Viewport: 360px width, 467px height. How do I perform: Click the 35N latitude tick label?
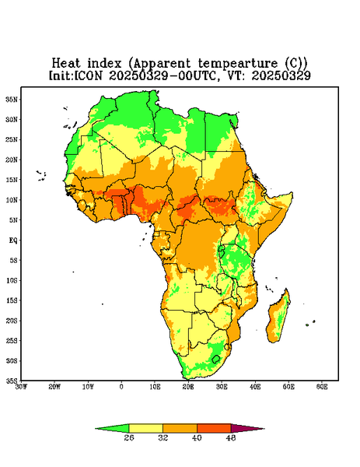[x=12, y=99]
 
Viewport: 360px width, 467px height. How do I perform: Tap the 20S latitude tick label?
[x=12, y=321]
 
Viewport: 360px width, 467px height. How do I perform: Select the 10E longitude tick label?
[x=155, y=387]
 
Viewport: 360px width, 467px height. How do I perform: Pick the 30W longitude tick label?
[x=21, y=387]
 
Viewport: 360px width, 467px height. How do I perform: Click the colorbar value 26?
[x=129, y=437]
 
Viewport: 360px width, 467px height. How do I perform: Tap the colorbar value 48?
[x=231, y=437]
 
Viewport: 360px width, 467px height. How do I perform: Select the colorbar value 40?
[x=197, y=437]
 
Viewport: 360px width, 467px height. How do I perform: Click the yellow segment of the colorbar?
[x=145, y=428]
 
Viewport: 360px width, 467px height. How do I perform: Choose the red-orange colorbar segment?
[x=214, y=428]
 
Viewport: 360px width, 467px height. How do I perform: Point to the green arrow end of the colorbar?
[x=112, y=428]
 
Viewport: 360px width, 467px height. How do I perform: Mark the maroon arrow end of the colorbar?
[x=248, y=428]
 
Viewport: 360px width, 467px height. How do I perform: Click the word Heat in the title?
[x=66, y=63]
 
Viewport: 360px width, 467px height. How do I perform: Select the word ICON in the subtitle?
[x=88, y=75]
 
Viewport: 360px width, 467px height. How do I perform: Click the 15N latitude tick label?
[x=12, y=180]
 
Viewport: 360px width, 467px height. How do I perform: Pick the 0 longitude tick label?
[x=121, y=387]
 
